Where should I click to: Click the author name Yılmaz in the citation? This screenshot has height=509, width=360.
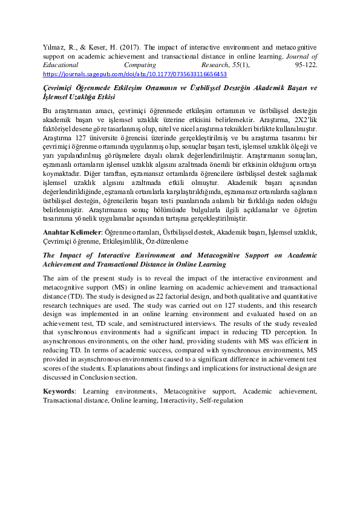click(53, 46)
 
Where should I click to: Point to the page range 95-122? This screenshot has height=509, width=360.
click(306, 64)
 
